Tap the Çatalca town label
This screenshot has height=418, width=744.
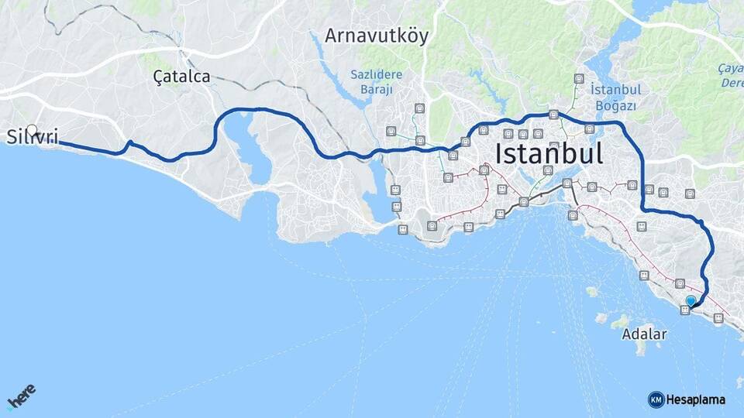pyautogui.click(x=181, y=76)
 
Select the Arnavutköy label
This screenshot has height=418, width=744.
pyautogui.click(x=376, y=36)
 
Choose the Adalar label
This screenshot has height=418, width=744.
pyautogui.click(x=644, y=334)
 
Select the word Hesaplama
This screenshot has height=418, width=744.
pyautogui.click(x=696, y=399)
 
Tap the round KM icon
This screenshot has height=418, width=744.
pyautogui.click(x=656, y=399)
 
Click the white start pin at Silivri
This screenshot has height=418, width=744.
pyautogui.click(x=32, y=129)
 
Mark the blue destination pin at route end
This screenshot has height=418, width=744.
pyautogui.click(x=691, y=300)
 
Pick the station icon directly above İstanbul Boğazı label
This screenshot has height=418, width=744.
pyautogui.click(x=579, y=78)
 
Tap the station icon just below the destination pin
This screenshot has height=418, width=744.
pyautogui.click(x=685, y=310)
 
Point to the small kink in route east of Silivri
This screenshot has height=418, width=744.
pyautogui.click(x=130, y=142)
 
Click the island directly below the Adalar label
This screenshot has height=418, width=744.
pyautogui.click(x=641, y=349)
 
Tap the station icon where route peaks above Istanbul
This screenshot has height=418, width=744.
pyautogui.click(x=553, y=115)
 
